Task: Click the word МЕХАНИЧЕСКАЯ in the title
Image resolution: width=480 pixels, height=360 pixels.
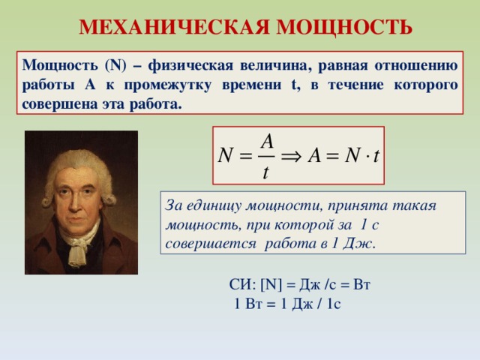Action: tap(175, 28)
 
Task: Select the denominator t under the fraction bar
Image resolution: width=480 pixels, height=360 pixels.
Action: tap(266, 172)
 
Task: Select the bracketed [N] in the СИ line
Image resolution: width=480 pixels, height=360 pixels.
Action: tap(269, 286)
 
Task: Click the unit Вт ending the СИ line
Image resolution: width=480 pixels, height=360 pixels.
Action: tap(362, 286)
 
